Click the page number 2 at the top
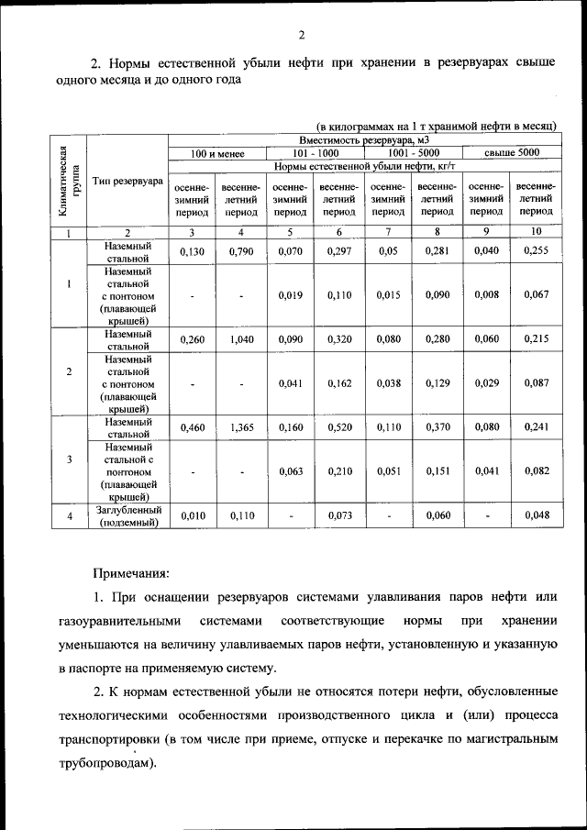point(301,36)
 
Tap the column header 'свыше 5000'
point(511,152)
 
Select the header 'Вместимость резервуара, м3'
point(364,139)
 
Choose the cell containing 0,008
point(486,294)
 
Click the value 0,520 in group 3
point(339,427)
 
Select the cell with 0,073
point(339,515)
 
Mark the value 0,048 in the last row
point(536,515)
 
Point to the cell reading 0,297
point(339,250)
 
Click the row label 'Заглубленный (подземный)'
point(128,515)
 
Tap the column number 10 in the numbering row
point(536,232)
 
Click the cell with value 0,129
point(437,383)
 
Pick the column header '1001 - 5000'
point(414,152)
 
